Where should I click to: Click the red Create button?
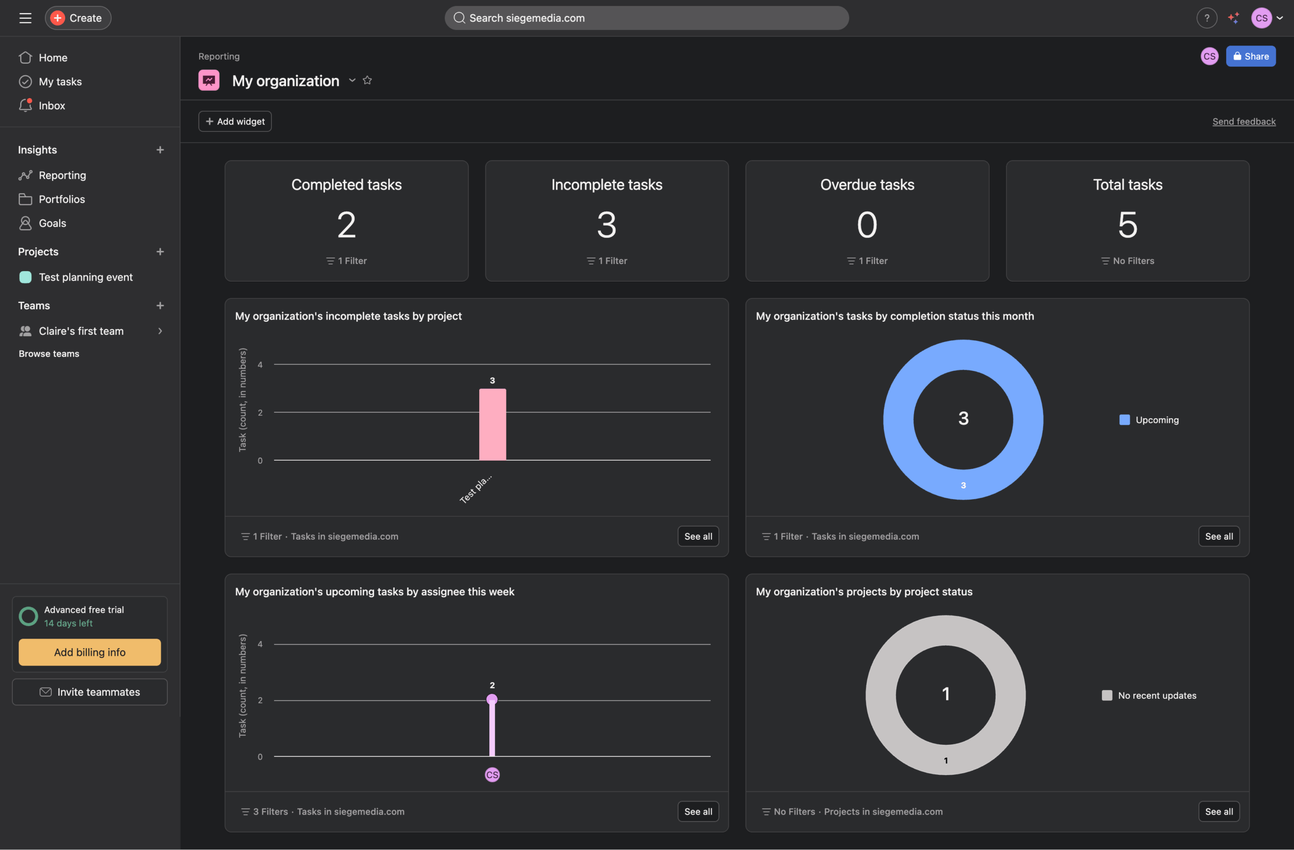pos(78,18)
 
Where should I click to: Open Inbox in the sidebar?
pos(52,106)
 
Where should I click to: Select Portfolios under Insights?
pos(62,199)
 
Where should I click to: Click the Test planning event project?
pos(85,277)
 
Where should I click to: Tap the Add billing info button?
pos(89,652)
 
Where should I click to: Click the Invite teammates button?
pos(89,692)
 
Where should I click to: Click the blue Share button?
pos(1250,56)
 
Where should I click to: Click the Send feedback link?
pos(1243,121)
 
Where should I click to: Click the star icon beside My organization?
pos(367,80)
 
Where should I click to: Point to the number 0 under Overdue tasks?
pos(867,225)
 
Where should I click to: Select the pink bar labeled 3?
pos(492,424)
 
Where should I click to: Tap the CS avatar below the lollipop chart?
pos(492,775)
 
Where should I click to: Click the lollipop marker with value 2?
pos(492,699)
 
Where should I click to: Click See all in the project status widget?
pos(1218,812)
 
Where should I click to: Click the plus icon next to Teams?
pos(160,305)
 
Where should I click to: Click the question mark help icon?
pos(1207,18)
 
